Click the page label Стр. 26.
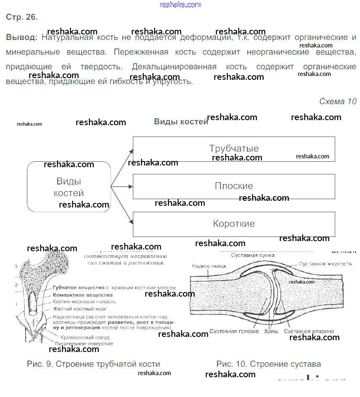(22, 17)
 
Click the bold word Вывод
(21, 37)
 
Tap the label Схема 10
(337, 101)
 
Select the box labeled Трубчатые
(234, 149)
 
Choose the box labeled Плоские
(234, 186)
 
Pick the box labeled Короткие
(234, 223)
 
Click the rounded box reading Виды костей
(69, 187)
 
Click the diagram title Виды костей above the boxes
(181, 122)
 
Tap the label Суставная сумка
(253, 255)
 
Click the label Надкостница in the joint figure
(209, 266)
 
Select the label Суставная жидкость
(325, 264)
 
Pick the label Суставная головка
(234, 331)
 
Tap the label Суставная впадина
(309, 331)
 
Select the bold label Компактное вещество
(83, 295)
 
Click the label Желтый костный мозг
(80, 309)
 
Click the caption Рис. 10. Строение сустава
(268, 364)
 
